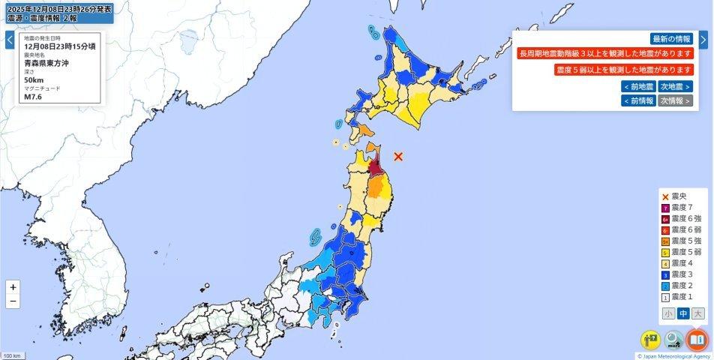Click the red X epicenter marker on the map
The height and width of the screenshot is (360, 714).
[398, 156]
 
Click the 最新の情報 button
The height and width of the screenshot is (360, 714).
[671, 39]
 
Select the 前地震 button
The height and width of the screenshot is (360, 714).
[638, 86]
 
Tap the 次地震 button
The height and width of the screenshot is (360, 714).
[675, 86]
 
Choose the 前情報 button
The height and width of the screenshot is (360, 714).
[638, 100]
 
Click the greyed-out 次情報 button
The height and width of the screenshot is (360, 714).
[675, 100]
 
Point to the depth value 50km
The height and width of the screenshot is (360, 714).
[34, 79]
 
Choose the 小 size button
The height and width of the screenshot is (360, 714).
[667, 313]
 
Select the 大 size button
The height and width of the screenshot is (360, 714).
[698, 313]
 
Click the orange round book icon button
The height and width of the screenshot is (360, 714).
[697, 340]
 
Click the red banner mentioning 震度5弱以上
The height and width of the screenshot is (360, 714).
[624, 69]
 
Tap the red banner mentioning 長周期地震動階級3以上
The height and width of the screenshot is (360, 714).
[605, 54]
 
